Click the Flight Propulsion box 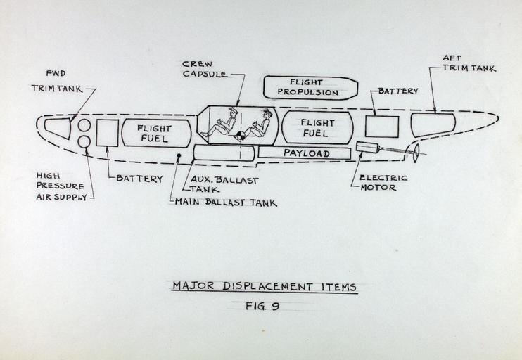[x=310, y=87]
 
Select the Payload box [x=304, y=153]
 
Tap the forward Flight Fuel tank [x=156, y=133]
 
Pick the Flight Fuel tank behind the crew [x=317, y=127]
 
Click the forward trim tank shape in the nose [x=58, y=128]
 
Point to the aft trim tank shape [x=432, y=124]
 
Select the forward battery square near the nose [x=107, y=133]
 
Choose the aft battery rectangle [x=381, y=127]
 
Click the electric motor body [x=368, y=148]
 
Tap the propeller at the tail [x=416, y=153]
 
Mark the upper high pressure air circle [x=84, y=125]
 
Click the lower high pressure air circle [x=84, y=142]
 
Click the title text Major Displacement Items [x=265, y=287]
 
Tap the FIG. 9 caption [x=262, y=306]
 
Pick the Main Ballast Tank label [x=225, y=202]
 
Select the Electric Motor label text [x=378, y=183]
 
